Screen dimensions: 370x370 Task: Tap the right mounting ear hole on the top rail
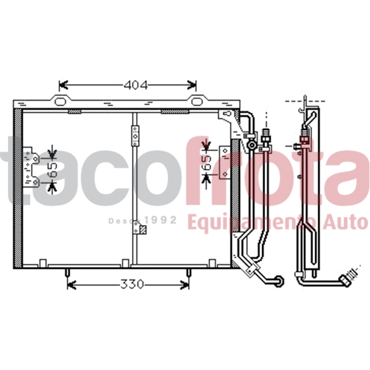pyautogui.click(x=194, y=102)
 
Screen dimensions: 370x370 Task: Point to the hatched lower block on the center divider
pyautogui.click(x=142, y=231)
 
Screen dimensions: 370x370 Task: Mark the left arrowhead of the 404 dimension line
pyautogui.click(x=61, y=86)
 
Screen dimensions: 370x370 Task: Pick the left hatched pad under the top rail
pyautogui.click(x=74, y=112)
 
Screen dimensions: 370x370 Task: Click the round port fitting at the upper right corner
pyautogui.click(x=251, y=146)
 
